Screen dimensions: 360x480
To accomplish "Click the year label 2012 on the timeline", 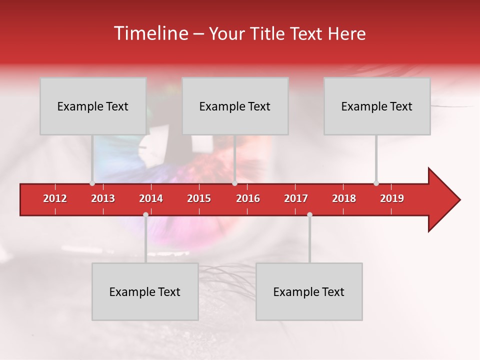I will (x=55, y=198).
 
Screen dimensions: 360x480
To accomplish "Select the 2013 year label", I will (x=103, y=198).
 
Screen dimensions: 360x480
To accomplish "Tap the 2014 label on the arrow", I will (x=151, y=198).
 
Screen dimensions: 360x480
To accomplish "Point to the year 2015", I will (x=199, y=198).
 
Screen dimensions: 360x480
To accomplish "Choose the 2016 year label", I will (x=248, y=198).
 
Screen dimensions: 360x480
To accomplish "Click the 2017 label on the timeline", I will (x=296, y=198).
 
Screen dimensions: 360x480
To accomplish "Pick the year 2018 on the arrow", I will (x=344, y=198).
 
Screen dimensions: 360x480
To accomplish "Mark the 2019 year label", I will (x=392, y=198).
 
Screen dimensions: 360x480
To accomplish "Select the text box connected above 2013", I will (x=93, y=106).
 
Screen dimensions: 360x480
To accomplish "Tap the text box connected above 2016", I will (x=235, y=106).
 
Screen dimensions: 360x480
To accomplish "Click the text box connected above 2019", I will (x=377, y=106).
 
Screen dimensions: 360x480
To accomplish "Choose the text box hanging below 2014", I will (x=145, y=291).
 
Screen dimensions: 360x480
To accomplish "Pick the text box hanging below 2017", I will (x=309, y=291).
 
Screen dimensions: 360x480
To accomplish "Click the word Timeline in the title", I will (x=150, y=33).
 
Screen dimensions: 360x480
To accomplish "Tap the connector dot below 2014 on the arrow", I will (x=145, y=215).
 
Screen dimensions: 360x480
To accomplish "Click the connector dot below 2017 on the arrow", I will (x=309, y=215).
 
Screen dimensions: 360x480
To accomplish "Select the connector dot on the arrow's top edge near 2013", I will (x=92, y=183).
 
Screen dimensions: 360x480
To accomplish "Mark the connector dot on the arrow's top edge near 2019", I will (x=376, y=183).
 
